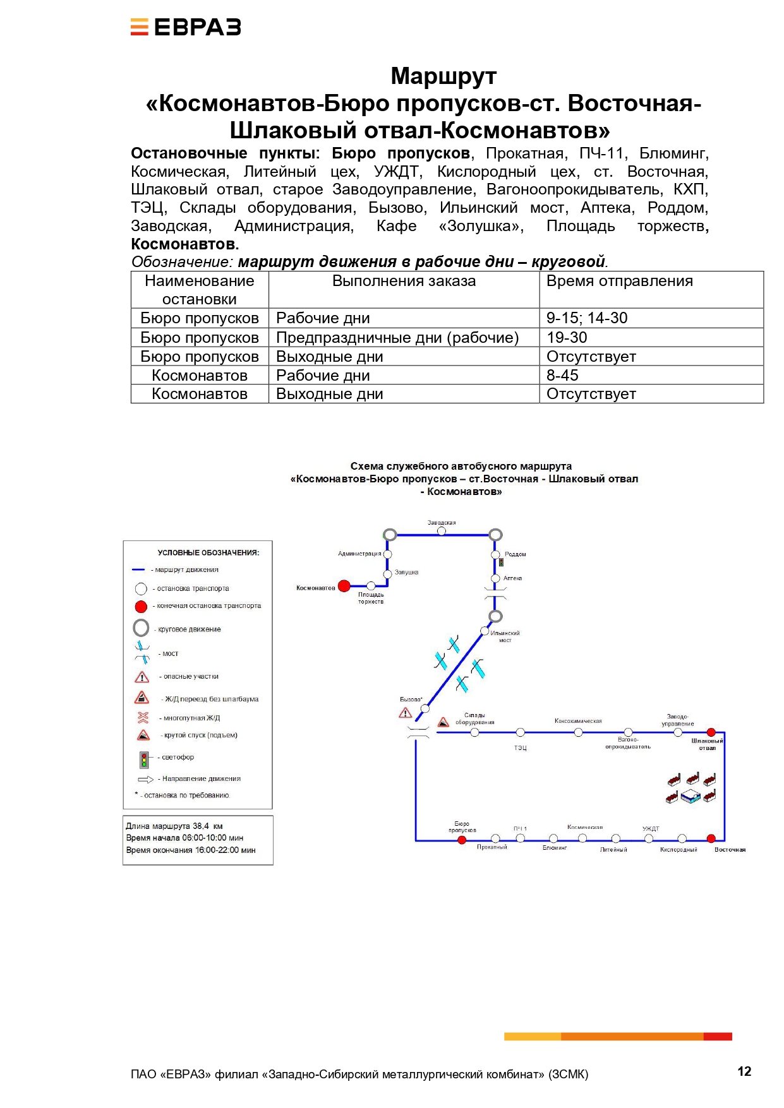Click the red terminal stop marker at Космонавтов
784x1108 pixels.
[344, 586]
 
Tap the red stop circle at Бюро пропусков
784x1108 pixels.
[462, 840]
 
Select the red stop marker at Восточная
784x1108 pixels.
[711, 838]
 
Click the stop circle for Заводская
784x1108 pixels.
[442, 531]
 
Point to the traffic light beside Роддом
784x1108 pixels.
[501, 562]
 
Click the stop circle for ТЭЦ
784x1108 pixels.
[520, 732]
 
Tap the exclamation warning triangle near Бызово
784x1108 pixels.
[406, 713]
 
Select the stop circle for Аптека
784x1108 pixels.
[496, 578]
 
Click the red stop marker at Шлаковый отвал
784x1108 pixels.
[711, 732]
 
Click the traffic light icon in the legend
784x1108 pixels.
[144, 759]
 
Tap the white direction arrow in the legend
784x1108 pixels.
[145, 779]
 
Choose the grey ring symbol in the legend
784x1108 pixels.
[141, 628]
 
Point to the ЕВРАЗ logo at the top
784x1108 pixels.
[186, 27]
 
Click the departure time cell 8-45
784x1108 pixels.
[562, 375]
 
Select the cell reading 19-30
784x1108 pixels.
[567, 337]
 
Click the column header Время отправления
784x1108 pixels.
[619, 281]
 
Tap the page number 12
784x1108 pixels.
[744, 1071]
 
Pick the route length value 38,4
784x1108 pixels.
[201, 826]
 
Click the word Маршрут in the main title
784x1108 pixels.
[443, 76]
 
